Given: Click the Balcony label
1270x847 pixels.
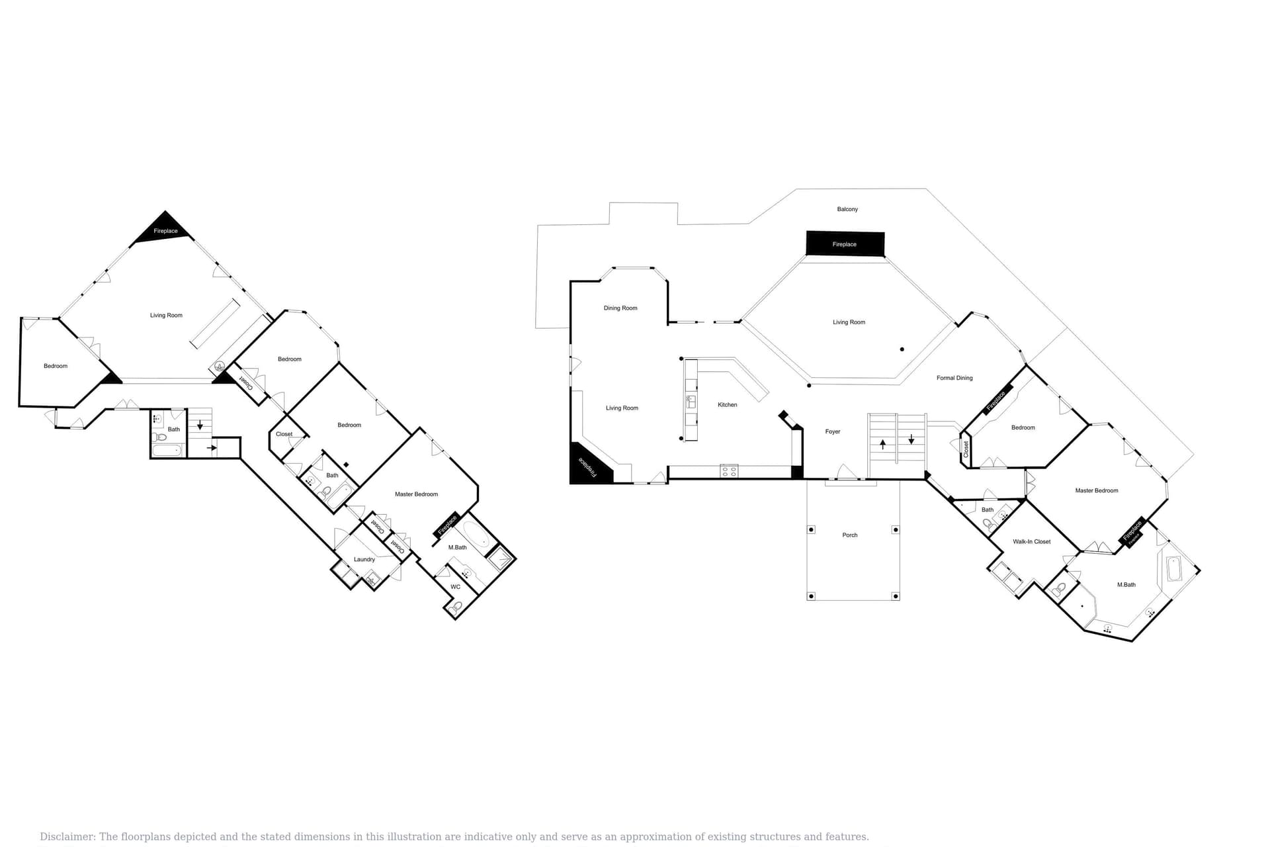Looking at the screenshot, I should click(x=847, y=209).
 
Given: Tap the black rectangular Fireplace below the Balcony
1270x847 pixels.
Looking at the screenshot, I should click(x=845, y=244).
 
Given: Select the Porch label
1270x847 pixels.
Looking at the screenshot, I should click(x=849, y=535).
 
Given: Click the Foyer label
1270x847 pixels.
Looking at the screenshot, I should click(x=832, y=431).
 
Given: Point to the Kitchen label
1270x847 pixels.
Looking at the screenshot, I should click(x=727, y=404).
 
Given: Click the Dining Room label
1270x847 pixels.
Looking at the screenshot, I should click(x=620, y=308).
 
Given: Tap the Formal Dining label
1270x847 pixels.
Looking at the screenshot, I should click(x=954, y=378).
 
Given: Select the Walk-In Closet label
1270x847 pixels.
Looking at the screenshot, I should click(x=1031, y=541).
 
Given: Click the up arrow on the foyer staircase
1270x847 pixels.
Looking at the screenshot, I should click(x=882, y=443).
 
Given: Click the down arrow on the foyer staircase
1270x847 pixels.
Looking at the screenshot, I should click(x=911, y=439).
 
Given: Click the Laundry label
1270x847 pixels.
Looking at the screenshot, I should click(x=364, y=559).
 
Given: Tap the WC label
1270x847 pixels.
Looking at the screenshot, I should click(x=455, y=586).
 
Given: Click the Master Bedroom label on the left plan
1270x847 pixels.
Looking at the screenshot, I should click(x=416, y=494).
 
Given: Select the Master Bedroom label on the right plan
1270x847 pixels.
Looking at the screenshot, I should click(x=1096, y=490).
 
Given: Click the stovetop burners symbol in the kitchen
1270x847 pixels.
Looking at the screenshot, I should click(x=729, y=471).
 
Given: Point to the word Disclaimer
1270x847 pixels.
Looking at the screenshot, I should click(x=67, y=836).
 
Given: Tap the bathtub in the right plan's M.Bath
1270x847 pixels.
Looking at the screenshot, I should click(x=1173, y=569).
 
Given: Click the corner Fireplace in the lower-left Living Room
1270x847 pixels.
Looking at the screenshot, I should click(x=586, y=466).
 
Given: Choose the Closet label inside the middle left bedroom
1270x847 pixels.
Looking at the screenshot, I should click(x=284, y=434).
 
